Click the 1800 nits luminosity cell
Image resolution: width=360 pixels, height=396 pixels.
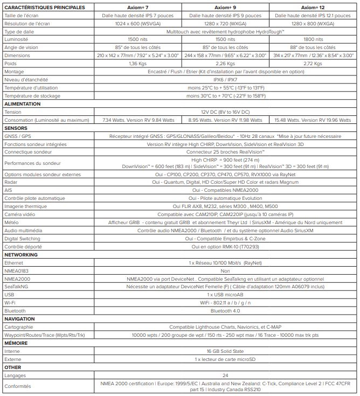click(313, 40)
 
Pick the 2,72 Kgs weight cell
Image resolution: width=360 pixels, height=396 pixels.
click(313, 63)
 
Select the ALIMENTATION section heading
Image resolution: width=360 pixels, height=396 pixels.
click(22, 103)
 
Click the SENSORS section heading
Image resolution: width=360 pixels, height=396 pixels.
click(16, 128)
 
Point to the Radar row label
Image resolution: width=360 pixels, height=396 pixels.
click(11, 183)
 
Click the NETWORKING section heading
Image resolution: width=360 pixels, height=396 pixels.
click(21, 254)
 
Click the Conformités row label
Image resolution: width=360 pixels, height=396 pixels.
click(18, 386)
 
